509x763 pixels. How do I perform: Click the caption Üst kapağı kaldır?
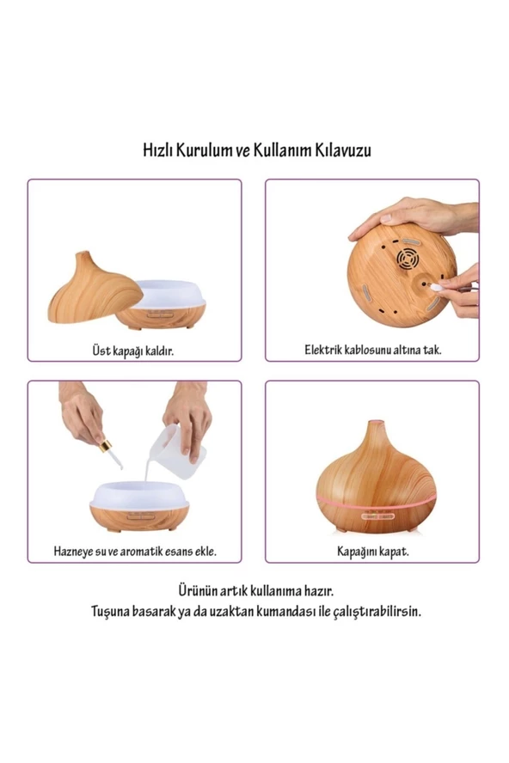pyautogui.click(x=133, y=351)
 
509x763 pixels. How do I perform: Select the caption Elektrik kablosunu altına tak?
pyautogui.click(x=373, y=350)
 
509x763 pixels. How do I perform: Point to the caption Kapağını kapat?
pyautogui.click(x=373, y=552)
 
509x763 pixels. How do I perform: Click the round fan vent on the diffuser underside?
pyautogui.click(x=408, y=259)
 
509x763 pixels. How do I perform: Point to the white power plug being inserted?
pyautogui.click(x=435, y=287)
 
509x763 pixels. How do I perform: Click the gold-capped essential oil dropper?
pyautogui.click(x=111, y=453)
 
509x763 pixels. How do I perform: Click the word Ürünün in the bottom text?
pyautogui.click(x=197, y=591)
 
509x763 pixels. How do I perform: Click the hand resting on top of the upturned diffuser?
pyautogui.click(x=414, y=217)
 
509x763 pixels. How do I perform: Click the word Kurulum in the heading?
pyautogui.click(x=204, y=150)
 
